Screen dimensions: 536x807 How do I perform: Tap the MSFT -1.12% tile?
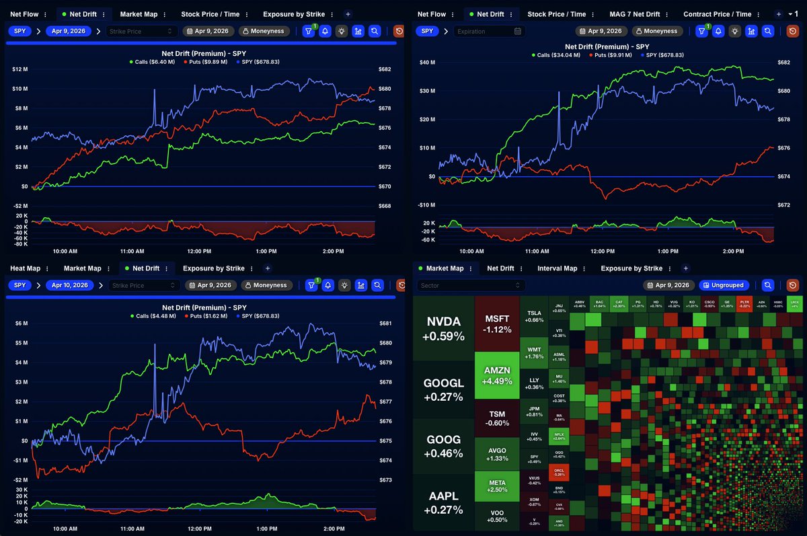(497, 323)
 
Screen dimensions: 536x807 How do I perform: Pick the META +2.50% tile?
(497, 486)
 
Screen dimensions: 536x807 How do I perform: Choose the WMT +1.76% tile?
(534, 354)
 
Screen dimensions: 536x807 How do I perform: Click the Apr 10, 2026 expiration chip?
(70, 285)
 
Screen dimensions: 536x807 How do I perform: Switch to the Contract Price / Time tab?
(717, 14)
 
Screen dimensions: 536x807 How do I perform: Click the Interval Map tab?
(557, 268)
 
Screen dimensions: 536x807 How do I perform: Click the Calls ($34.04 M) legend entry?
(558, 55)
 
